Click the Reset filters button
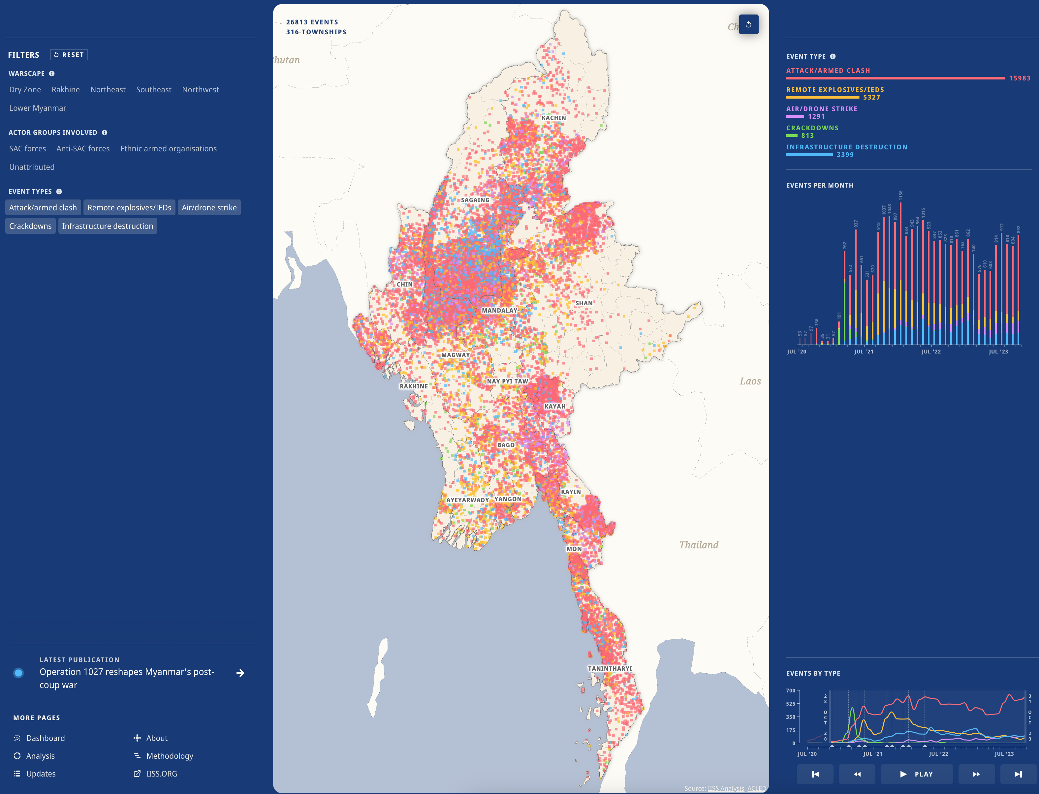[x=69, y=55]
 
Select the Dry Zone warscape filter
[x=25, y=90]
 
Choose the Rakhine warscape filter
[x=66, y=90]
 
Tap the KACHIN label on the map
[x=553, y=118]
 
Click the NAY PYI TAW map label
[x=507, y=382]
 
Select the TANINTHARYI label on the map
[x=610, y=669]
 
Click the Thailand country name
[x=699, y=545]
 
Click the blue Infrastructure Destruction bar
[x=809, y=155]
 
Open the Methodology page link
[x=169, y=756]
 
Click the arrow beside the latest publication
[x=240, y=673]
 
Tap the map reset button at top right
[x=748, y=25]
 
